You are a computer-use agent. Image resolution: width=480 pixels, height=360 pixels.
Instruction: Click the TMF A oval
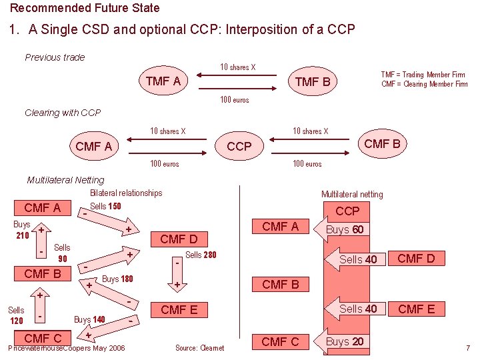point(163,81)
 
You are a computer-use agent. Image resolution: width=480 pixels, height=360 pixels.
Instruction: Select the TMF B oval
point(313,83)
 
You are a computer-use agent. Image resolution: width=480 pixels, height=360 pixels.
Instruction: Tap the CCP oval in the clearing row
point(239,146)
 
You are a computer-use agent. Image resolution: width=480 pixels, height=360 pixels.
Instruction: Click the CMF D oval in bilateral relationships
point(179,239)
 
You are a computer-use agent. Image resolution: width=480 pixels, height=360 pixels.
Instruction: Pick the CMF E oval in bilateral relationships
point(179,309)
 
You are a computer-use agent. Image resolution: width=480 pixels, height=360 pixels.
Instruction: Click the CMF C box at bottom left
point(42,338)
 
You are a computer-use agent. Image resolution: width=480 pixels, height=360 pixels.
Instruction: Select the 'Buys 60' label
point(344,230)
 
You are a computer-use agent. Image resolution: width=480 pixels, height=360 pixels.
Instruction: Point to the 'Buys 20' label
point(344,341)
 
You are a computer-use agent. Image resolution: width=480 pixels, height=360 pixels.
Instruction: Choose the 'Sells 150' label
point(105,207)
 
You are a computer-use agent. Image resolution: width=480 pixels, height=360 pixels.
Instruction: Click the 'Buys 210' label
point(21,230)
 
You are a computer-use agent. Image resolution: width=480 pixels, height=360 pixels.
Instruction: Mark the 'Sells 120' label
point(16,315)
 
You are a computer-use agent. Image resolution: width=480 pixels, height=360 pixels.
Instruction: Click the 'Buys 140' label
point(90,319)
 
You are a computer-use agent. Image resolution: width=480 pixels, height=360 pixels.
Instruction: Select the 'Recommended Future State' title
point(85,8)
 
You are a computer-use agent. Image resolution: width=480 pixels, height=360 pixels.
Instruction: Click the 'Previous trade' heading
point(55,57)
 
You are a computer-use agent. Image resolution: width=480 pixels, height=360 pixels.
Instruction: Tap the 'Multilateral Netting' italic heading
point(65,180)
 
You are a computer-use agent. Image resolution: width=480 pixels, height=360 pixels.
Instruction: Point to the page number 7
point(468,348)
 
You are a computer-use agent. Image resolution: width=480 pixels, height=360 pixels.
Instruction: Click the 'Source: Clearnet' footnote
point(199,348)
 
